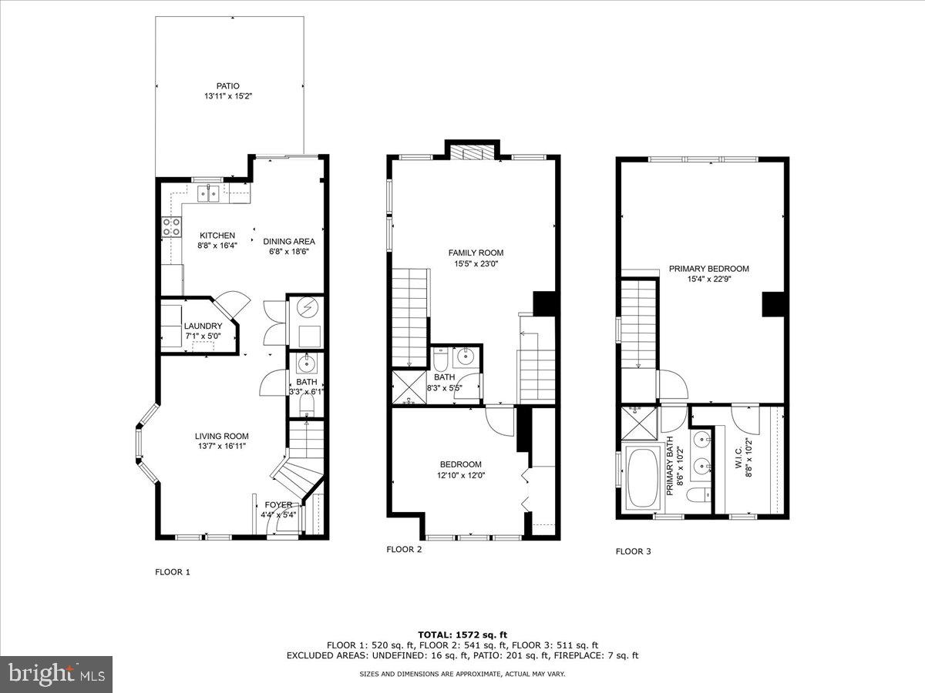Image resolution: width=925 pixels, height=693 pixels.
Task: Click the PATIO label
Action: [x=227, y=86]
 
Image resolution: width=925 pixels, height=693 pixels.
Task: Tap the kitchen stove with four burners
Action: [x=170, y=226]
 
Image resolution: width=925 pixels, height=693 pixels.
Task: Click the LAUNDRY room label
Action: [x=203, y=326]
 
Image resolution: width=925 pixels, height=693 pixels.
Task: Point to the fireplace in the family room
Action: [x=472, y=152]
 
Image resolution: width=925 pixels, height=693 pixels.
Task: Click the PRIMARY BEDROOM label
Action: [x=708, y=269]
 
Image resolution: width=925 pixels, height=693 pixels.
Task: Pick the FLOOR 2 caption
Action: [x=404, y=550]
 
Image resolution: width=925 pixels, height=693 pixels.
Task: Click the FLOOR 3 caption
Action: [x=633, y=551]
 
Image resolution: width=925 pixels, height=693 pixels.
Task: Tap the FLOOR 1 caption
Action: [x=173, y=572]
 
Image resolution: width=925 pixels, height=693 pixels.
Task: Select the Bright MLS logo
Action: [x=56, y=674]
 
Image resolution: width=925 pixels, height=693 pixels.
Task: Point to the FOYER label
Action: [x=278, y=505]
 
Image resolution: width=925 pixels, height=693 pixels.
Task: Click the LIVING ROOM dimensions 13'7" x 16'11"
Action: [x=221, y=446]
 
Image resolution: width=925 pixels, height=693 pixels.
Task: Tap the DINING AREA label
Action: [x=289, y=241]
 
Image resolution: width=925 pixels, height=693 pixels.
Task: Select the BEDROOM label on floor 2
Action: [x=460, y=464]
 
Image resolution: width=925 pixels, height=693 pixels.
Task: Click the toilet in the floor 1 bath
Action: [x=306, y=403]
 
